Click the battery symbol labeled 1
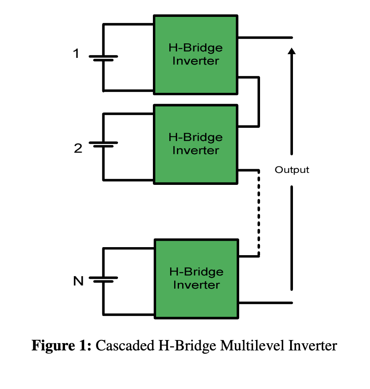(x=104, y=58)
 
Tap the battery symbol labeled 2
(x=104, y=144)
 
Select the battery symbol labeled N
(x=104, y=279)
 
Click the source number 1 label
(x=76, y=53)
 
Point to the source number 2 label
(x=78, y=148)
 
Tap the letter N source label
(x=78, y=281)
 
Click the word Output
(x=292, y=170)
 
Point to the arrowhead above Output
(x=292, y=51)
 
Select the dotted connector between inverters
(x=258, y=213)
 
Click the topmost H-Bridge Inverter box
(x=196, y=55)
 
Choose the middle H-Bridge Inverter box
(x=196, y=144)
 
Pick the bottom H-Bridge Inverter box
(x=197, y=279)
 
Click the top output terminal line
(x=265, y=38)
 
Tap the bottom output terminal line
(x=266, y=303)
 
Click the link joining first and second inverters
(x=258, y=102)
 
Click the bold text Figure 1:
(x=61, y=345)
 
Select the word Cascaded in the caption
(x=125, y=345)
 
